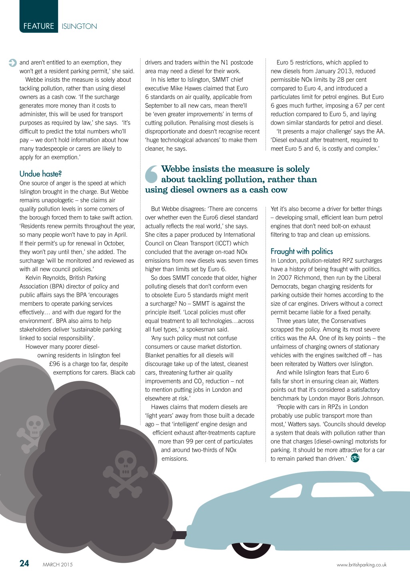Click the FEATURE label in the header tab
point(38,26)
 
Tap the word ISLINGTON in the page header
point(79,26)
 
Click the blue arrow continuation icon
point(12,63)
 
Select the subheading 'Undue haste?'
point(40,173)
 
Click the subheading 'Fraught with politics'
point(301,251)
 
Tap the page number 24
point(24,563)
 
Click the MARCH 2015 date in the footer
point(58,565)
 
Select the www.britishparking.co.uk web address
point(362,565)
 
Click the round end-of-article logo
point(355,458)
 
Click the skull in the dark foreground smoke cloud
point(126,466)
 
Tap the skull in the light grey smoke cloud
point(34,426)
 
